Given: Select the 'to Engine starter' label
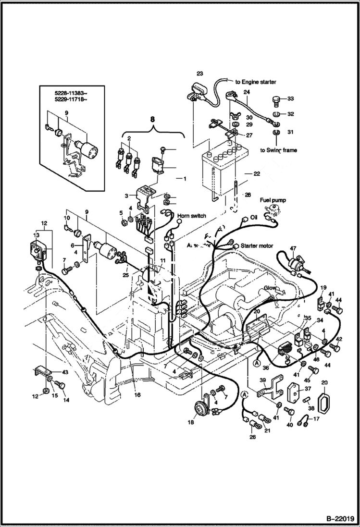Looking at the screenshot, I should (255, 82).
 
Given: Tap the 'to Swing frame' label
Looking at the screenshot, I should (279, 150).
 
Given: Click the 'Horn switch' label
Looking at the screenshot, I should (191, 216).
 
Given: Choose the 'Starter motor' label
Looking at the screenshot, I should (257, 245).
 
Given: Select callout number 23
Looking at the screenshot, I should (199, 74).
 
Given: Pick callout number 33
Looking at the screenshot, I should (290, 99).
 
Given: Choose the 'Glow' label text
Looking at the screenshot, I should (270, 289).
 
